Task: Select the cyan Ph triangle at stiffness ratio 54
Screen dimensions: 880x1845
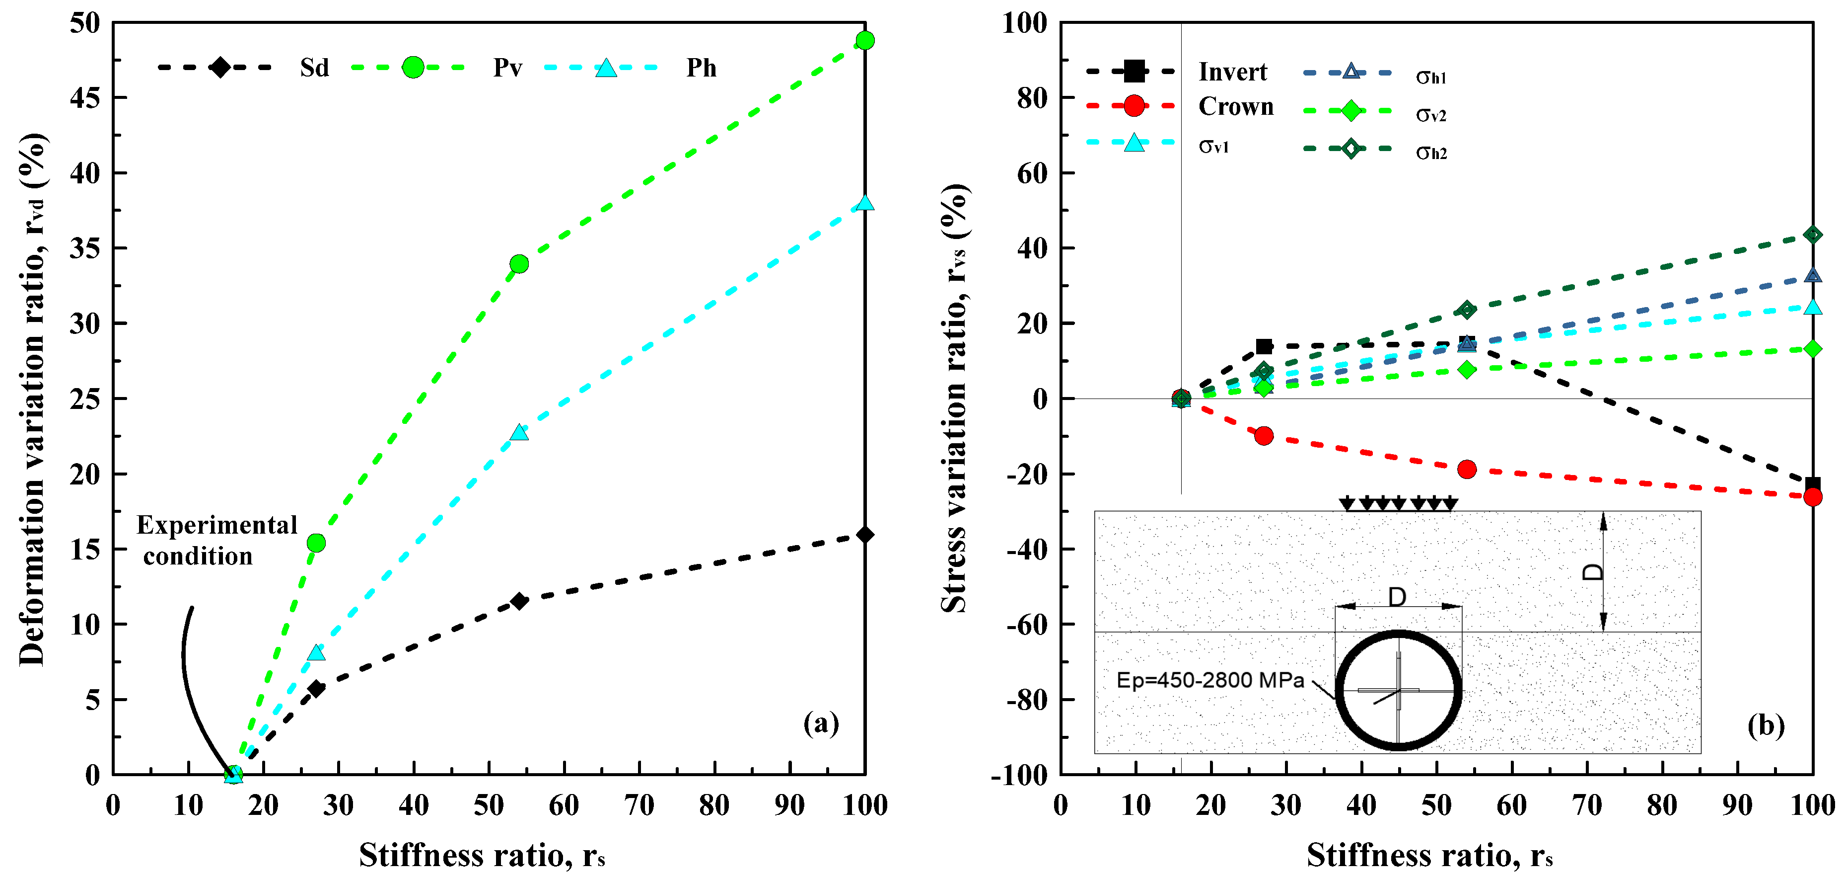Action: [x=519, y=433]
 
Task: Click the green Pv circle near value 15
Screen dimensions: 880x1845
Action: [x=316, y=543]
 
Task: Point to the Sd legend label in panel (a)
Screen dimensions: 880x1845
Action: [x=314, y=68]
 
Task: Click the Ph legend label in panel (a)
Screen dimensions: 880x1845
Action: [x=701, y=68]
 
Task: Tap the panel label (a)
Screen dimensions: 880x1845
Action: [x=821, y=723]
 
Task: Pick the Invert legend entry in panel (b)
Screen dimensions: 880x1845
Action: [x=1232, y=72]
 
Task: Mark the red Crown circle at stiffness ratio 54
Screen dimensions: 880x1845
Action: [x=1466, y=470]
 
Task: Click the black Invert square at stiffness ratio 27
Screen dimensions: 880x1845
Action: [x=1264, y=347]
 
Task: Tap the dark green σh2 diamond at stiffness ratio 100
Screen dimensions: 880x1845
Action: [x=1812, y=235]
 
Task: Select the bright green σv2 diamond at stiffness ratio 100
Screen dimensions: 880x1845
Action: [x=1812, y=349]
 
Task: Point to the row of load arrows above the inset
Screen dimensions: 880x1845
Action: [x=1397, y=504]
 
